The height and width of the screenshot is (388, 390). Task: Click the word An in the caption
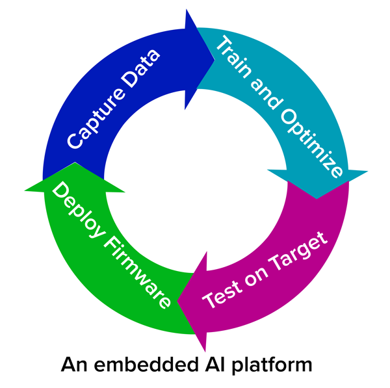point(74,365)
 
